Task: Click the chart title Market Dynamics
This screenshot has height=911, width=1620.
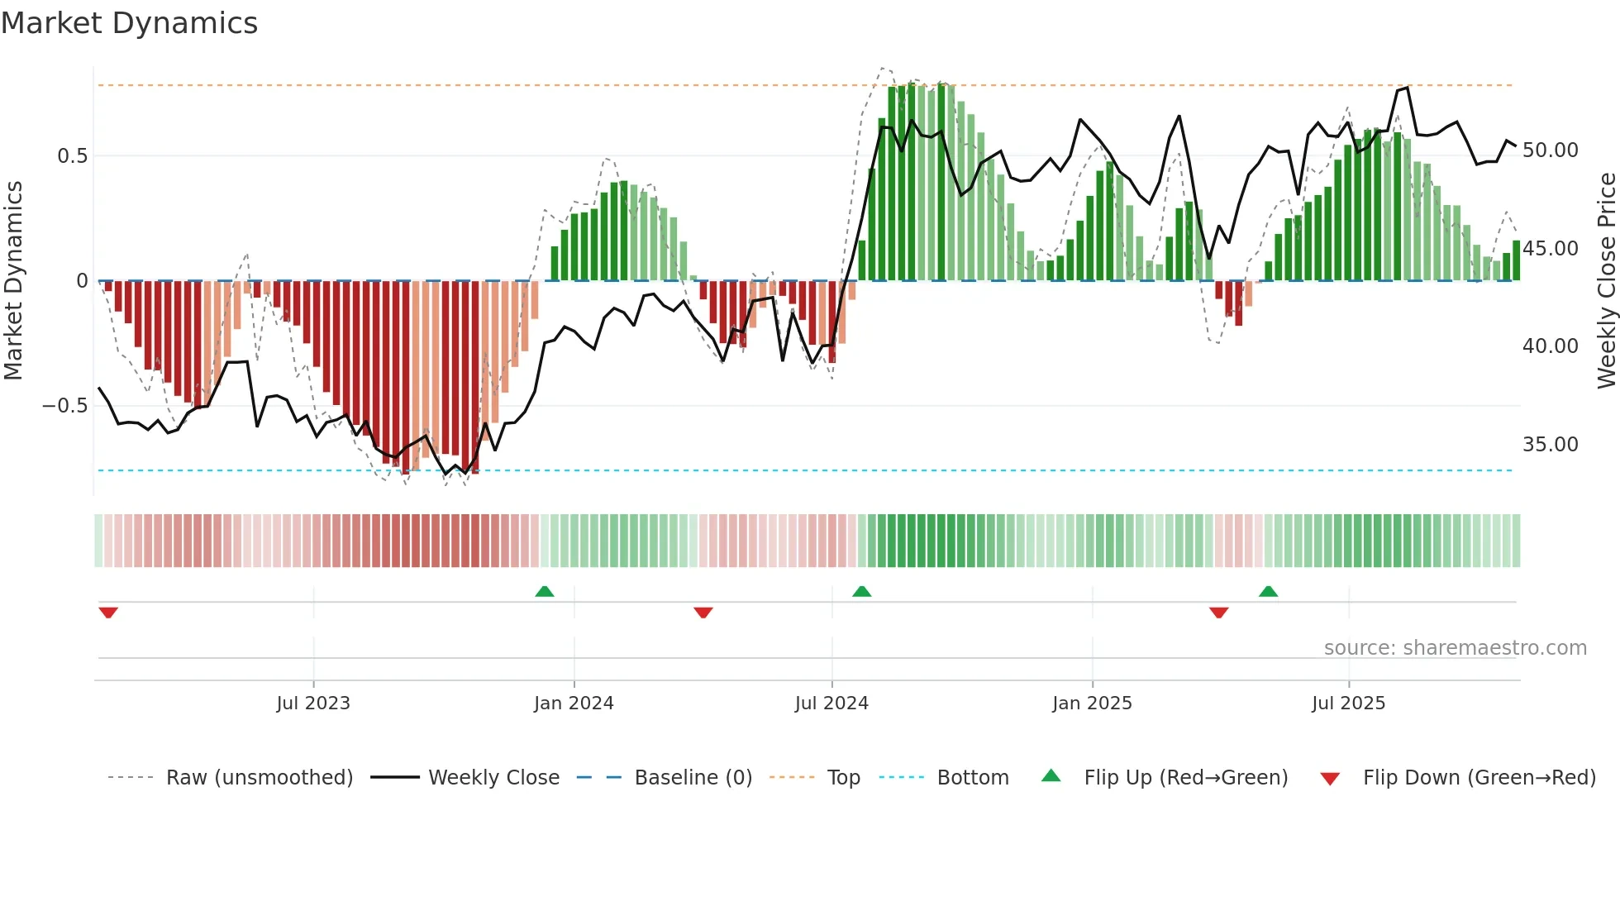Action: (129, 23)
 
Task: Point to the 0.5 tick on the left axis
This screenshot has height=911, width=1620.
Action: (72, 156)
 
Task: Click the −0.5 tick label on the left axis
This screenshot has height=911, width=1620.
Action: (65, 406)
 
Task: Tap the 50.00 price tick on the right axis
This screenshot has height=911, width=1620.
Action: (1550, 150)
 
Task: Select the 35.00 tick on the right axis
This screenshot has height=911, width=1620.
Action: (1550, 445)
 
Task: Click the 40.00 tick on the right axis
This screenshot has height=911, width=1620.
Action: (1550, 346)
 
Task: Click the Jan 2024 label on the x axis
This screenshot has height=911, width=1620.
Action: (574, 704)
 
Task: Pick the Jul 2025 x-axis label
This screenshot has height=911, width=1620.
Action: (1348, 704)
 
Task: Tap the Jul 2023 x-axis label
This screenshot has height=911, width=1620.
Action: (313, 704)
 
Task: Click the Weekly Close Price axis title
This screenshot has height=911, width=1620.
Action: (1606, 280)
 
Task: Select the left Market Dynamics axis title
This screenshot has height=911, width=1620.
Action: (13, 280)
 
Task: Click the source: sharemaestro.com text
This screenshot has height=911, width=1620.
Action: (1455, 648)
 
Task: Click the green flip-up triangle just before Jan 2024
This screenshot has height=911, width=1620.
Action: (544, 592)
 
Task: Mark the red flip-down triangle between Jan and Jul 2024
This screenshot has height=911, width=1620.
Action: (703, 613)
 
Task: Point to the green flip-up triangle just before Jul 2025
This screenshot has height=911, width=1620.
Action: (1268, 592)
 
